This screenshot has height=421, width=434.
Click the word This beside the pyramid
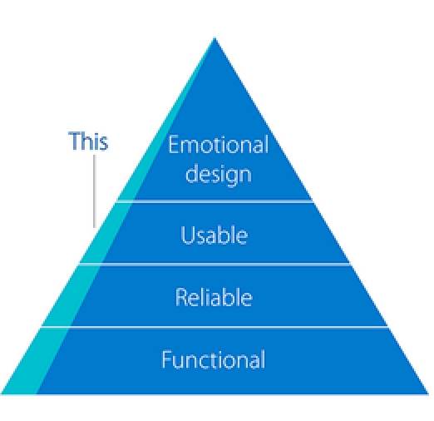[88, 141]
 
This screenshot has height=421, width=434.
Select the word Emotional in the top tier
[218, 145]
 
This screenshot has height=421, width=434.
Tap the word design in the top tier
[218, 174]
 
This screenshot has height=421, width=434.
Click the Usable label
[215, 235]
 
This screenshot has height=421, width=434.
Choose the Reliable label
[214, 297]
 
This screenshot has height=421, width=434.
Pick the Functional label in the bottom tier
[214, 360]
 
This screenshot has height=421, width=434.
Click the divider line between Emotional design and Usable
[215, 201]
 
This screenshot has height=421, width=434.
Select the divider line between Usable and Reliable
[215, 265]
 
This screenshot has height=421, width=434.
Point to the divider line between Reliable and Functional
[215, 327]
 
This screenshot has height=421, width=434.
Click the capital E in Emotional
[174, 145]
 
